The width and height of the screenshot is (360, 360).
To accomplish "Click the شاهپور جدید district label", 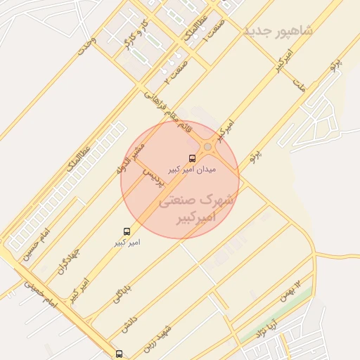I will (x=278, y=32).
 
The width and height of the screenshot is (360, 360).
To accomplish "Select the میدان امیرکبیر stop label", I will (x=192, y=169).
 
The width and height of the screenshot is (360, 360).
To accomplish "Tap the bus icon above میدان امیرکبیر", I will (x=192, y=158).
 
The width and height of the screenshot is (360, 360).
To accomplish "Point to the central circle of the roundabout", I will (x=207, y=147).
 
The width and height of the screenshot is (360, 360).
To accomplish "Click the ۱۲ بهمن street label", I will (x=293, y=290).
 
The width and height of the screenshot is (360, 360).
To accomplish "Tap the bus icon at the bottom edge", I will (x=119, y=354).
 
